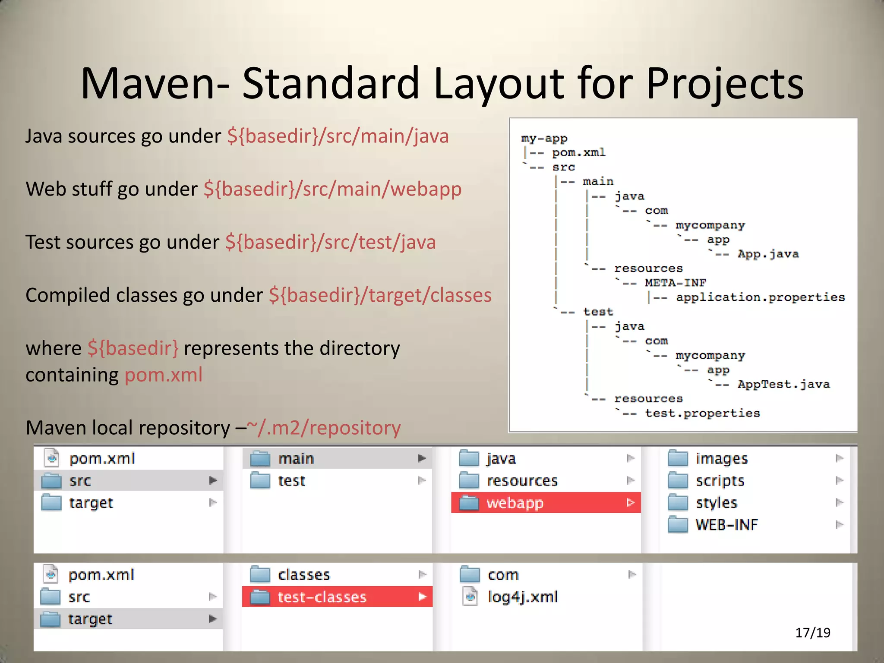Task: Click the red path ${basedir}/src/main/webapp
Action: pyautogui.click(x=332, y=189)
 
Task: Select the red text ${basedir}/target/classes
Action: pyautogui.click(x=380, y=295)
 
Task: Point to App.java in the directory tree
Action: pyautogui.click(x=768, y=254)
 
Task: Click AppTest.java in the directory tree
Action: pyautogui.click(x=783, y=384)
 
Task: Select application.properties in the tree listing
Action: pyautogui.click(x=760, y=297)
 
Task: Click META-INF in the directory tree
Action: pyautogui.click(x=675, y=283)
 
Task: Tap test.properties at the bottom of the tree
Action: pyautogui.click(x=702, y=413)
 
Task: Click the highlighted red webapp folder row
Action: pyautogui.click(x=546, y=503)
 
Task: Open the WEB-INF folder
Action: pyautogui.click(x=726, y=525)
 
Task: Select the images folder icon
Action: pyautogui.click(x=678, y=458)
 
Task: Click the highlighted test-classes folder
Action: pyautogui.click(x=337, y=597)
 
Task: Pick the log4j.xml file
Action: pyautogui.click(x=522, y=597)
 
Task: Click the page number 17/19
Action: pyautogui.click(x=812, y=632)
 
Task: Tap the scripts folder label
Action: pyautogui.click(x=720, y=481)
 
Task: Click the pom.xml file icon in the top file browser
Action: pyautogui.click(x=52, y=458)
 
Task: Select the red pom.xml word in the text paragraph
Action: pyautogui.click(x=164, y=375)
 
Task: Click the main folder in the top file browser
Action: pyautogui.click(x=296, y=458)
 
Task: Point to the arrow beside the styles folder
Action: pyautogui.click(x=839, y=502)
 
